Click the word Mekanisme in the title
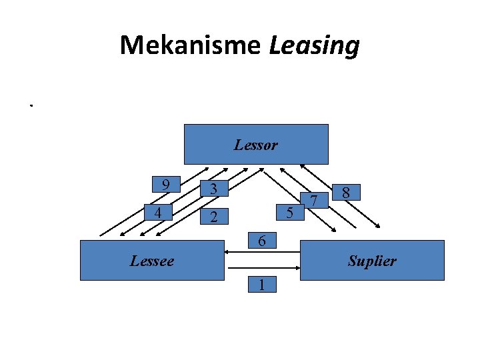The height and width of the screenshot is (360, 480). click(x=191, y=45)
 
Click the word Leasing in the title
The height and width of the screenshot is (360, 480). click(x=314, y=45)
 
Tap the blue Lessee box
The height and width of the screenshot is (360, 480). click(x=151, y=260)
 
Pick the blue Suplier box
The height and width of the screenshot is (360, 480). click(x=372, y=260)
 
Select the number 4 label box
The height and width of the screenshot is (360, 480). click(x=157, y=213)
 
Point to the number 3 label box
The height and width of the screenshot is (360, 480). click(x=213, y=189)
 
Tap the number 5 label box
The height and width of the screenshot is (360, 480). click(x=289, y=213)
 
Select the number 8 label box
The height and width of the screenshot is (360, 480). click(x=347, y=193)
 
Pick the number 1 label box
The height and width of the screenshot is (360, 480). click(x=262, y=285)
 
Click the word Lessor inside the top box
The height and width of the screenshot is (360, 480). click(x=256, y=145)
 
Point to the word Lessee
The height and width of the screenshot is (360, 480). click(x=151, y=261)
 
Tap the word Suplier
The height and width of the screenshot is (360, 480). click(x=372, y=261)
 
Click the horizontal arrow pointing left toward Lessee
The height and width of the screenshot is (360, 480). click(x=262, y=252)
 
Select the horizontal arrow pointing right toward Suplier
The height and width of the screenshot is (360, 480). click(x=262, y=267)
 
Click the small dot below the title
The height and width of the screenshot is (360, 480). click(x=31, y=105)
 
